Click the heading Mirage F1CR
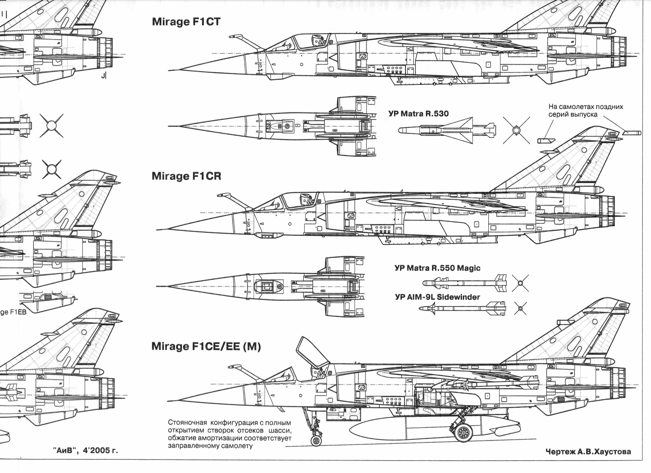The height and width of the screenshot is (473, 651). tap(186, 176)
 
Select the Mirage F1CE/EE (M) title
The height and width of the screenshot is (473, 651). tap(206, 346)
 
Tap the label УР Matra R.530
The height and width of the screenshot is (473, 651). tap(418, 114)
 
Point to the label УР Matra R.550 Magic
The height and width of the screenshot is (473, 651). tap(437, 268)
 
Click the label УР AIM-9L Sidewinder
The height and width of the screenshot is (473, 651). tap(437, 297)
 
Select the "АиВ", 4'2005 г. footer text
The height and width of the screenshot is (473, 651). tap(85, 450)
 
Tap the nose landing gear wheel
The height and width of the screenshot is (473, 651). tap(316, 441)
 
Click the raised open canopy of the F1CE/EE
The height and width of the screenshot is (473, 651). tap(313, 352)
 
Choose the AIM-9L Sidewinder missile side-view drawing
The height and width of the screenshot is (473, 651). tap(462, 308)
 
